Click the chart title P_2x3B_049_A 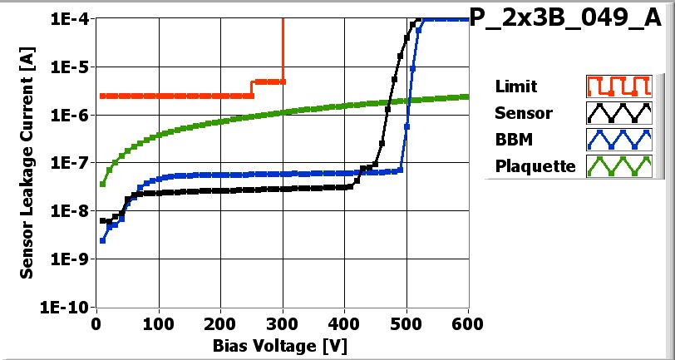570,19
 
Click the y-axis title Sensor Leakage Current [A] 27,162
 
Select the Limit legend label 515,86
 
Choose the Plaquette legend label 535,165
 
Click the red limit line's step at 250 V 252,89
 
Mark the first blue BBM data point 103,240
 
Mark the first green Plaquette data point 103,184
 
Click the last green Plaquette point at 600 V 468,96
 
